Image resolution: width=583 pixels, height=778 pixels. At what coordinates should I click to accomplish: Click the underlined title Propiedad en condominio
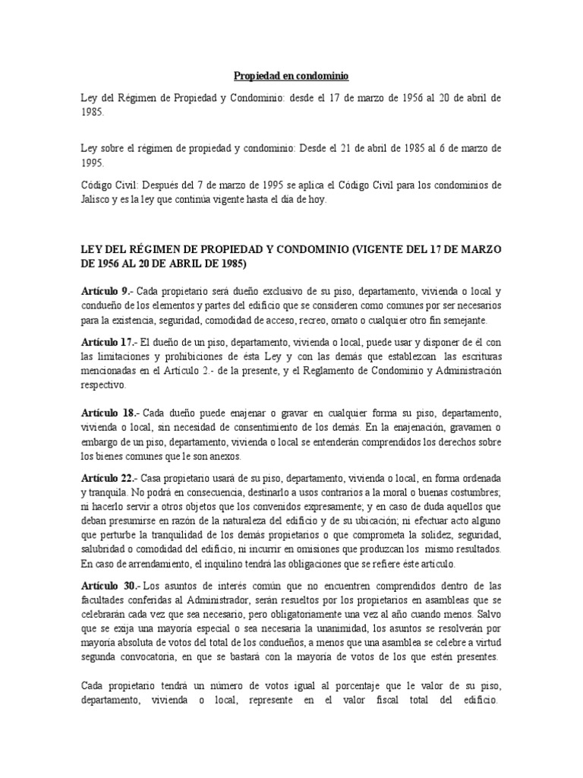[x=291, y=76]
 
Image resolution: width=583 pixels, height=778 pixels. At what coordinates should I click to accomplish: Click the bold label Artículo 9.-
[x=108, y=292]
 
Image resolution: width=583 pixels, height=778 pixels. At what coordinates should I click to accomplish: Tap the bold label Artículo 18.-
[x=110, y=412]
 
